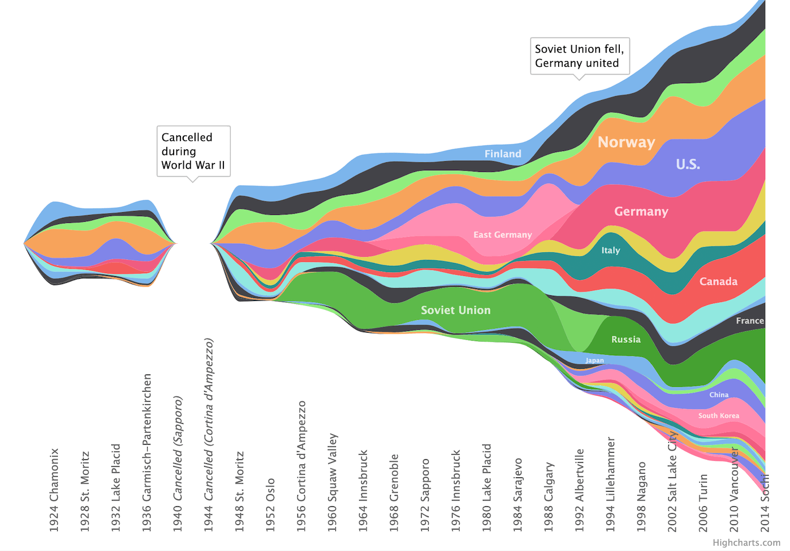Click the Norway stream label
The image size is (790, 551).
click(x=626, y=142)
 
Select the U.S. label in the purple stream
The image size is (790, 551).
click(x=688, y=164)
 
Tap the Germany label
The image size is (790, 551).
click(x=641, y=212)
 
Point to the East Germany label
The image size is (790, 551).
click(x=502, y=235)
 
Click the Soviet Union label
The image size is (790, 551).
click(x=455, y=310)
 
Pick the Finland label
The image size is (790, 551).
click(x=502, y=154)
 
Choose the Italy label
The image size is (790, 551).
click(x=610, y=250)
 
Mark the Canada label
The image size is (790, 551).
click(x=718, y=282)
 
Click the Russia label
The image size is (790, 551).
click(x=625, y=339)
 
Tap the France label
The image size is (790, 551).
click(x=749, y=321)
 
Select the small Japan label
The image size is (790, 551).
click(x=594, y=360)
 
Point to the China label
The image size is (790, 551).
click(x=719, y=395)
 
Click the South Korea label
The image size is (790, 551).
click(x=718, y=416)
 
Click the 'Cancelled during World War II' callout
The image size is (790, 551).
click(x=193, y=151)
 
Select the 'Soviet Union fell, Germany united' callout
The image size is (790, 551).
click(x=579, y=56)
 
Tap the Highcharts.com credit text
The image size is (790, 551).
click(x=746, y=543)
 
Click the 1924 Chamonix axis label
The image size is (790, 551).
click(x=54, y=490)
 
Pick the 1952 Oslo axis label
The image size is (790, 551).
click(x=270, y=505)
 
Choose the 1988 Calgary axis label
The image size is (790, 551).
click(x=549, y=497)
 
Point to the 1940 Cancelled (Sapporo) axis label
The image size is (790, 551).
click(x=178, y=464)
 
